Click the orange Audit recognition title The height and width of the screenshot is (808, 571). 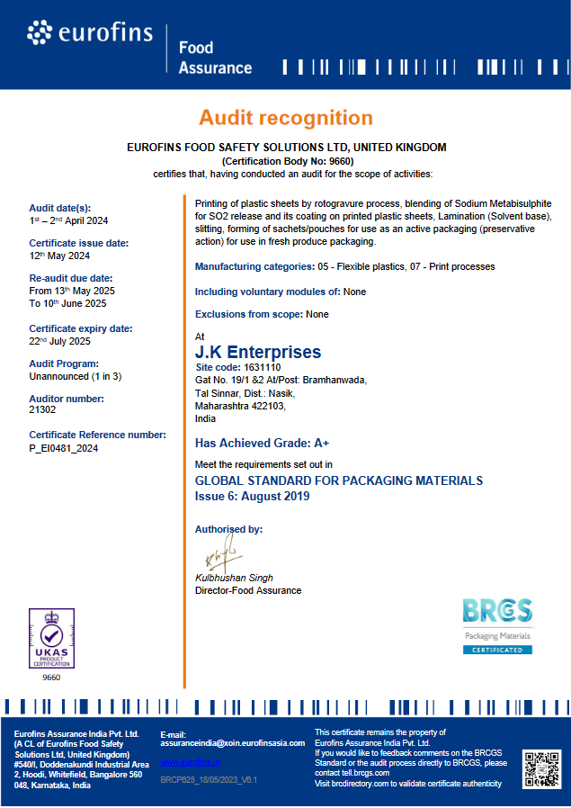tap(285, 118)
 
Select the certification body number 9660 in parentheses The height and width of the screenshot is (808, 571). tap(285, 160)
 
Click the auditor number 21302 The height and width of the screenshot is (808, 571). tap(43, 409)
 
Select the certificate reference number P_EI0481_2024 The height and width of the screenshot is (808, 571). tap(64, 447)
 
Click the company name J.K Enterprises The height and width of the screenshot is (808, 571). tap(258, 352)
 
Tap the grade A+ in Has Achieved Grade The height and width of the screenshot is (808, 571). tap(321, 443)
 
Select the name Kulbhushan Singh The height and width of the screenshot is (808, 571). tap(234, 578)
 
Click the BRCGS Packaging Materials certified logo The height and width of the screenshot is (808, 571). tap(497, 625)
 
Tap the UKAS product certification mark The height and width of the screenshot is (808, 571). tap(51, 638)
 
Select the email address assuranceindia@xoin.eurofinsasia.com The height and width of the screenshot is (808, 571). tap(233, 743)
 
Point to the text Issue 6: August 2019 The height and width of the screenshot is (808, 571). tap(252, 496)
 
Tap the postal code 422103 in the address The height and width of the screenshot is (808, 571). tap(267, 406)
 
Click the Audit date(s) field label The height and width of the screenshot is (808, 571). tap(60, 208)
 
